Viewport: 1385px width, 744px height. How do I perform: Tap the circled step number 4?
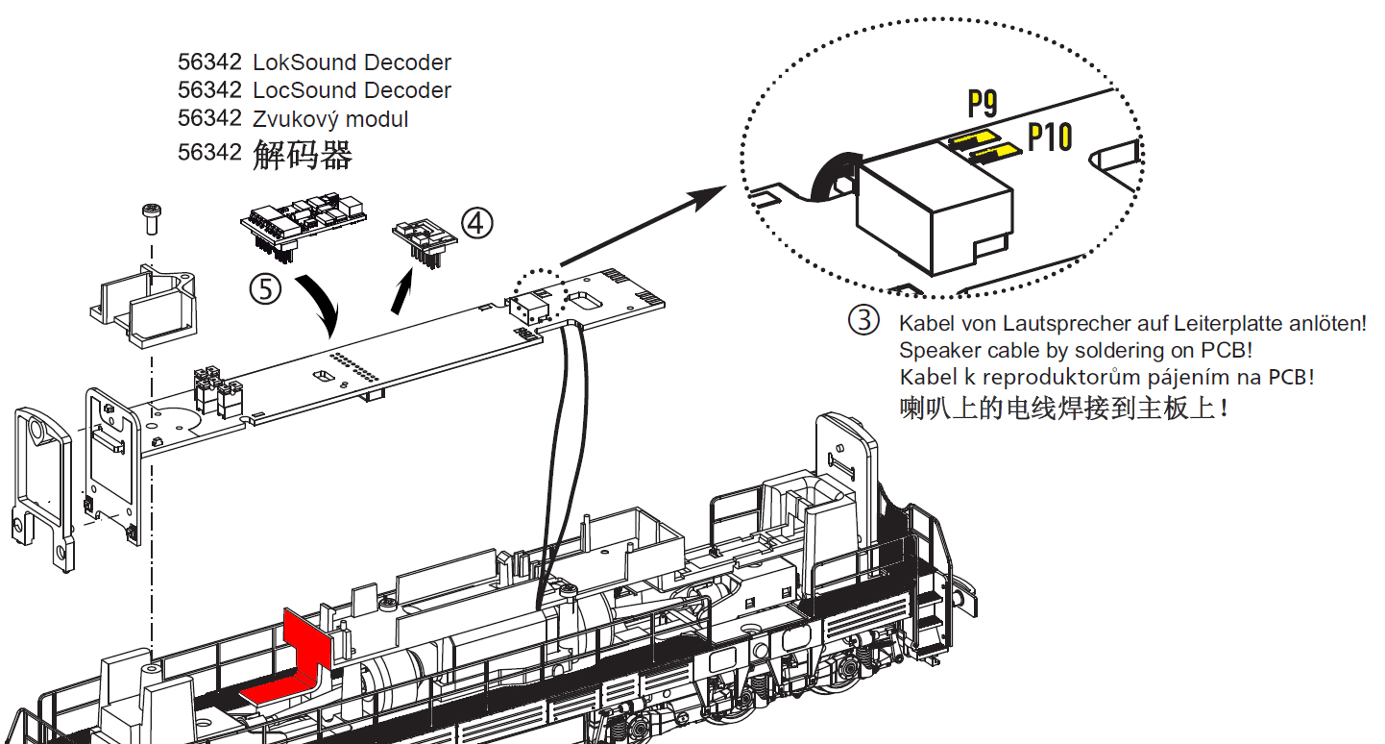(x=476, y=223)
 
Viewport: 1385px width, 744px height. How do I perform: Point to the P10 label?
(x=1049, y=137)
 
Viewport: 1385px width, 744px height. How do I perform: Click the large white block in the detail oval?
(x=934, y=210)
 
